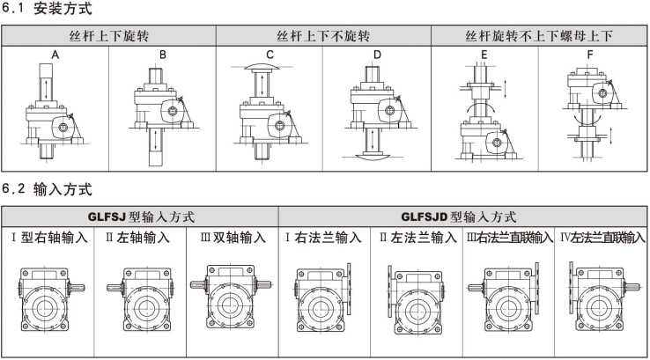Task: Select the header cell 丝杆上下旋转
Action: (x=108, y=37)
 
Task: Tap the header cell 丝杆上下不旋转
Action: (x=323, y=37)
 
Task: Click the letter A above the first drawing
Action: (x=55, y=55)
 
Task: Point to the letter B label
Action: (x=162, y=55)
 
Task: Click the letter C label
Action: (x=270, y=55)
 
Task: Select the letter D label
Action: (x=377, y=55)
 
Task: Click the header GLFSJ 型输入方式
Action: (x=140, y=217)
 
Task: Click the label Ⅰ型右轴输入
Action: (x=50, y=238)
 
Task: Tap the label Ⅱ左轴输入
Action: (x=140, y=238)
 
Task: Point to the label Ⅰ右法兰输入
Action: (x=323, y=238)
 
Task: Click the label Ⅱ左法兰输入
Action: (x=417, y=238)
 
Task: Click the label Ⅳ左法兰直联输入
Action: (x=602, y=238)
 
